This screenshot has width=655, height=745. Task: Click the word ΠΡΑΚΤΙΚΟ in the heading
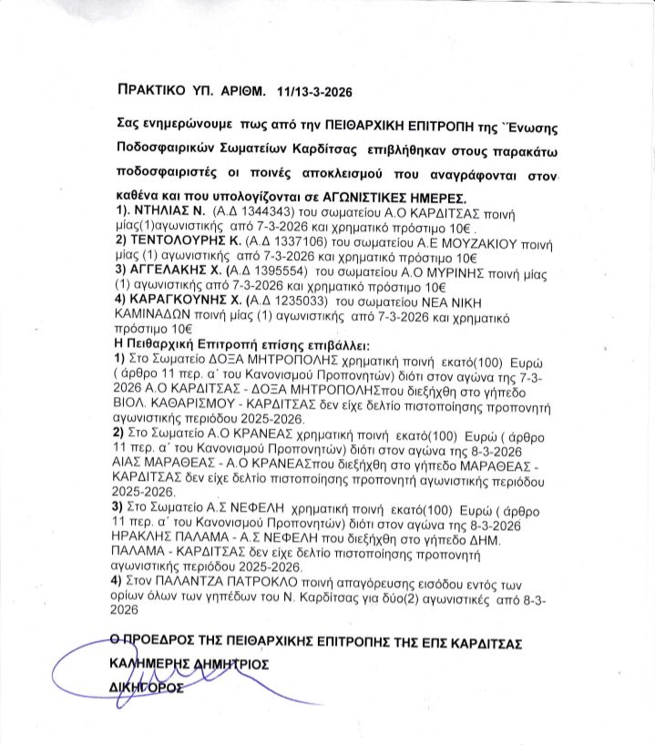point(157,92)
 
